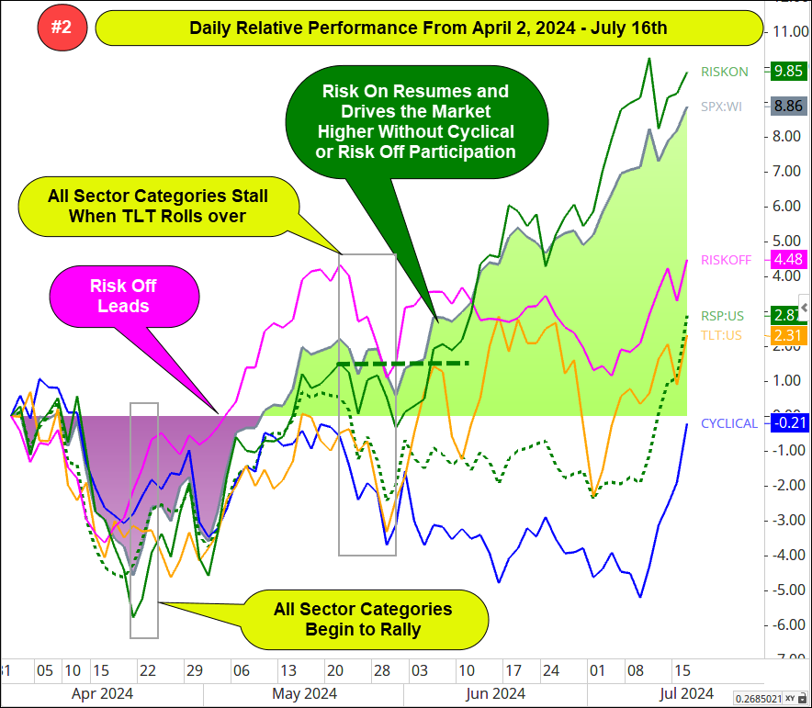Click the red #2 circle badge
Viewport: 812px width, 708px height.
pos(62,28)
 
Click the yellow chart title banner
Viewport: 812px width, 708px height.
pos(428,28)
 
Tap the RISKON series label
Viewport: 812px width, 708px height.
pos(724,71)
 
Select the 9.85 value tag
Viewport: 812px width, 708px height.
pos(789,71)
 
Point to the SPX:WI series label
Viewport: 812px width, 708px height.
pos(722,106)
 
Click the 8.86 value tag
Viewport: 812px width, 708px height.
pos(789,106)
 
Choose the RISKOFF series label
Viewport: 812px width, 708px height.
pos(726,260)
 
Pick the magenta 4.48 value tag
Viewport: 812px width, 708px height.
pos(789,260)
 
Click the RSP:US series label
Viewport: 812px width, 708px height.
pos(722,315)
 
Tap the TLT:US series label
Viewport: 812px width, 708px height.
pos(721,336)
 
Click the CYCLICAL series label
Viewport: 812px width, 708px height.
pos(729,423)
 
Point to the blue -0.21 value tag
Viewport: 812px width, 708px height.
pos(789,423)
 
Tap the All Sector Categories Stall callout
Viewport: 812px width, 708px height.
pos(157,206)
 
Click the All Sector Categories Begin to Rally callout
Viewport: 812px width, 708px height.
pos(363,619)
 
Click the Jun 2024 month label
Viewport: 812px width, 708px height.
pos(495,692)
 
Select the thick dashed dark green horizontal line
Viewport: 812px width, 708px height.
pos(403,364)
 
